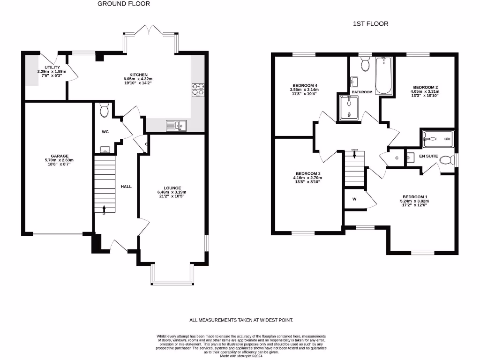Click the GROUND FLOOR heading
tap(124, 4)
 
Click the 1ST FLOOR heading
tap(370, 23)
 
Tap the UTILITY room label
tap(52, 67)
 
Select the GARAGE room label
tap(60, 156)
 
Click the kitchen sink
tap(176, 126)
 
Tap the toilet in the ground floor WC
tap(104, 110)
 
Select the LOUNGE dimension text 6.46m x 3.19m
tap(172, 192)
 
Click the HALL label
tap(126, 187)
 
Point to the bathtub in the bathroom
tap(383, 75)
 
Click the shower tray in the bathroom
tap(349, 107)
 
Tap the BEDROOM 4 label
tap(301, 85)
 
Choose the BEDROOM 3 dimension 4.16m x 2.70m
tap(307, 178)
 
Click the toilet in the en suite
tap(447, 160)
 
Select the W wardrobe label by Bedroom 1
tap(354, 198)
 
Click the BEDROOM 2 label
tap(425, 87)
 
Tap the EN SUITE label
tap(428, 156)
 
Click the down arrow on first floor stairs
tap(354, 154)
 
